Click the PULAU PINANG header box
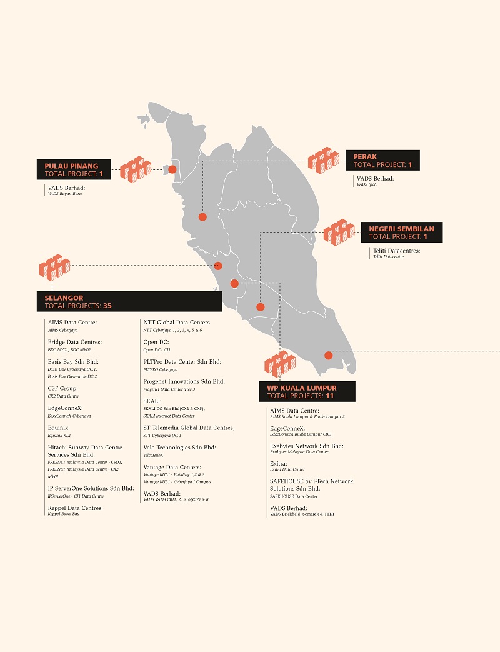pyautogui.click(x=74, y=170)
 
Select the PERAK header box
pyautogui.click(x=382, y=161)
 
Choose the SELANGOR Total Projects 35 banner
pyautogui.click(x=129, y=302)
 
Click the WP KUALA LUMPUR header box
pyautogui.click(x=307, y=392)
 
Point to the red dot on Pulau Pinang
pyautogui.click(x=172, y=169)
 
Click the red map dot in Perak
pyautogui.click(x=202, y=217)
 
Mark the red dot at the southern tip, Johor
pyautogui.click(x=329, y=356)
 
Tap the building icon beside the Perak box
pyautogui.click(x=324, y=161)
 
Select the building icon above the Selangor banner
pyautogui.click(x=54, y=267)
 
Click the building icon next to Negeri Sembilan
pyautogui.click(x=339, y=233)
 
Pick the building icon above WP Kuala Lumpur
pyautogui.click(x=279, y=364)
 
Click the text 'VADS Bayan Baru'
pyautogui.click(x=65, y=194)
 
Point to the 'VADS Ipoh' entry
pyautogui.click(x=367, y=184)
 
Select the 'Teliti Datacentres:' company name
pyautogui.click(x=396, y=251)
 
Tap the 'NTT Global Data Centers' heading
pyautogui.click(x=176, y=323)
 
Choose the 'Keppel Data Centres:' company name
pyautogui.click(x=75, y=508)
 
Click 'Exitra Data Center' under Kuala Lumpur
pyautogui.click(x=287, y=469)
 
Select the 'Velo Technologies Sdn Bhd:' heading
pyautogui.click(x=179, y=448)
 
